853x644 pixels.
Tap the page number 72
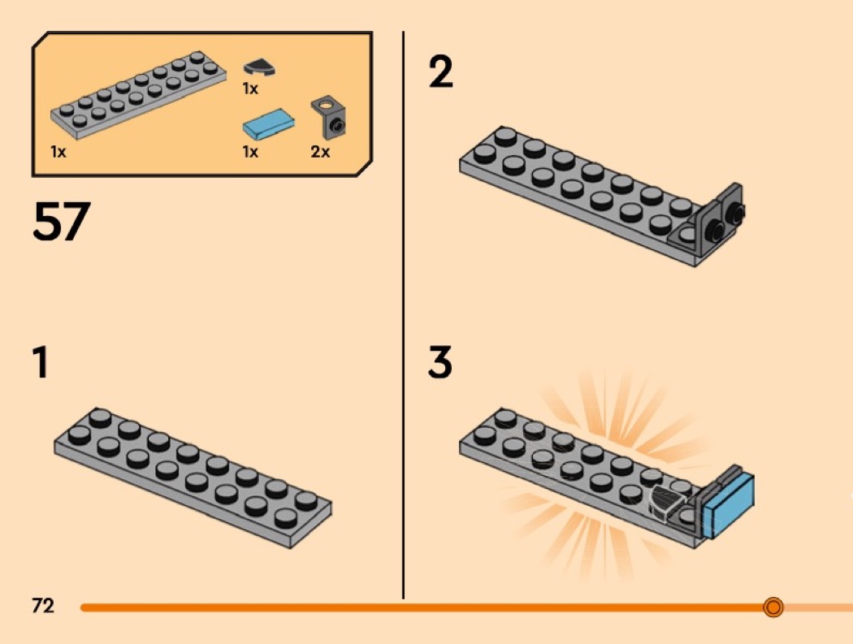43,605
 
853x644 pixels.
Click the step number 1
41,362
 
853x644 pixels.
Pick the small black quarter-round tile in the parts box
259,67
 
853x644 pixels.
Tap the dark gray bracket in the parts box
328,118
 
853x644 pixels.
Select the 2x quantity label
320,152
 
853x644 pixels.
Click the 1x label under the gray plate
58,152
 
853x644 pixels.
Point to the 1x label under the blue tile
250,152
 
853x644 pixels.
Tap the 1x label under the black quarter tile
250,89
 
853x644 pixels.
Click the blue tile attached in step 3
729,506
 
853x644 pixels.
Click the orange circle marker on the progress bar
773,607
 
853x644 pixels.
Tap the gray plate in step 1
193,478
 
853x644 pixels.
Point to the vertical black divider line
403,315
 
